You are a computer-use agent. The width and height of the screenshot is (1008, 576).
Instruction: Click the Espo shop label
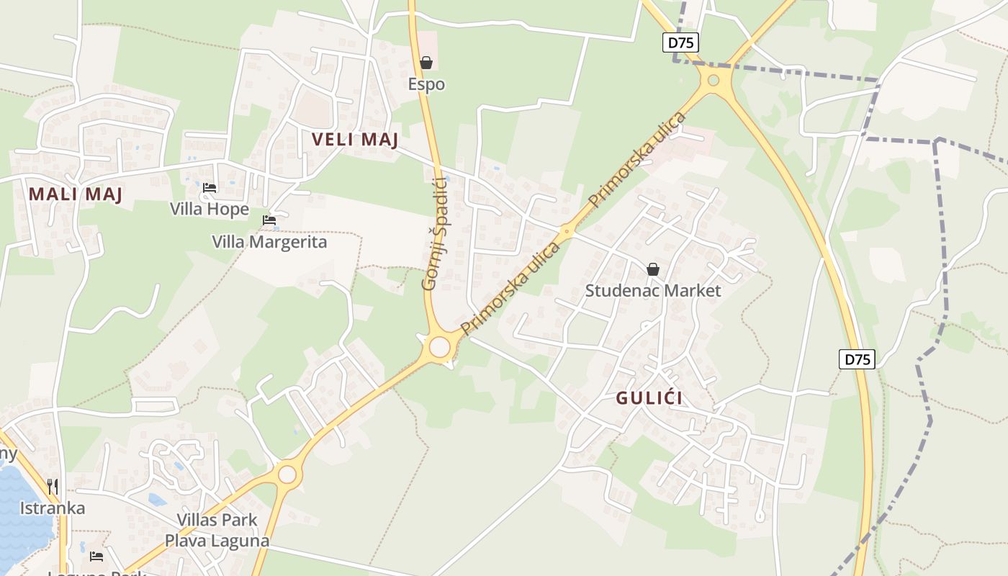[426, 84]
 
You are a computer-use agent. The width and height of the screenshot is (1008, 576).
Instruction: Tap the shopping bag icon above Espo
[426, 63]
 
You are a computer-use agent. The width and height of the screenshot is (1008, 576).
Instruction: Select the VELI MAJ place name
[355, 140]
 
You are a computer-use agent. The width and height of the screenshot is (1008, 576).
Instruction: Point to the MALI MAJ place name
[76, 194]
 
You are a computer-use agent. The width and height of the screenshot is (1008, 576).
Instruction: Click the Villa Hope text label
[210, 210]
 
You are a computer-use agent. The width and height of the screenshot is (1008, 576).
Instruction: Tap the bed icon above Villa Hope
[210, 188]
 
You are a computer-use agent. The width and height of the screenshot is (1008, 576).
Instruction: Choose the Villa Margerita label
[269, 242]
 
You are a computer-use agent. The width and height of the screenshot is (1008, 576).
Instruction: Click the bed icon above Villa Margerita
[269, 220]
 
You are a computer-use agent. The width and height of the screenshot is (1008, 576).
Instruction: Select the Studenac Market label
[652, 291]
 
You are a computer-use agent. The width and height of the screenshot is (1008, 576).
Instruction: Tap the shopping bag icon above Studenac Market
[652, 269]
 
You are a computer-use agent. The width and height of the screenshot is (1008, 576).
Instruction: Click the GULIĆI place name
[649, 398]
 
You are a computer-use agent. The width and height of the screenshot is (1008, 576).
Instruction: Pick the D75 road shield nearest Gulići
[857, 359]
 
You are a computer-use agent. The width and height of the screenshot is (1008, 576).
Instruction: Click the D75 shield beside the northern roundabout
[680, 42]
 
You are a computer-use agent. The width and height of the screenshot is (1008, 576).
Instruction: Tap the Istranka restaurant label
[52, 508]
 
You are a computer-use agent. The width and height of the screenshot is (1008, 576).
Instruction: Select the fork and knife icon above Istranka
[52, 487]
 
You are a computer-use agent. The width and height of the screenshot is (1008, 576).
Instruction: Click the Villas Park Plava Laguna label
[217, 530]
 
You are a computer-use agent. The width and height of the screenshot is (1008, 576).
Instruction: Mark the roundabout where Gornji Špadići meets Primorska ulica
[439, 348]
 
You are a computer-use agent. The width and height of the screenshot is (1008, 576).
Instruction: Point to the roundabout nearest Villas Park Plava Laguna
[287, 474]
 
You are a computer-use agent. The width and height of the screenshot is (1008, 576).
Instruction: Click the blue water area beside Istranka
[18, 504]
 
